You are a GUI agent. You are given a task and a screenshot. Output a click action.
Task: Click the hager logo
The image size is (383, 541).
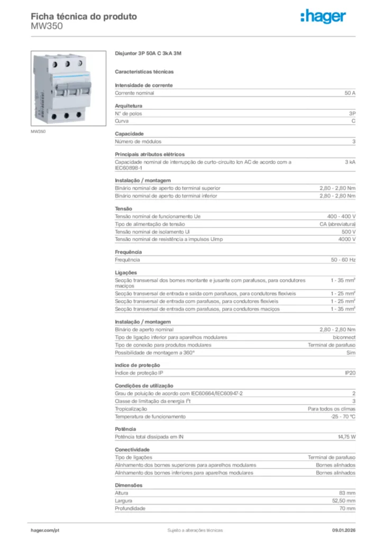point(323,17)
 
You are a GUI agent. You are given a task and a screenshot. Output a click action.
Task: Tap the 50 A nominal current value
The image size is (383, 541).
point(350,93)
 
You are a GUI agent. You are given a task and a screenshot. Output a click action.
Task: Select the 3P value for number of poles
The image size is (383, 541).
point(352,114)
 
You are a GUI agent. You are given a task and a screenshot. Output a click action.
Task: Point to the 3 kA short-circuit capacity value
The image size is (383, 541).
point(350,162)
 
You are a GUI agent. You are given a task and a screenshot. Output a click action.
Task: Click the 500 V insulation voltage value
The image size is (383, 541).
point(349,231)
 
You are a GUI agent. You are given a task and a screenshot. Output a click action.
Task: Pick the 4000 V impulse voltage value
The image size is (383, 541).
point(347,239)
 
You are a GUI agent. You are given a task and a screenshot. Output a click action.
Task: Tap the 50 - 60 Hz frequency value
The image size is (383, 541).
point(343,260)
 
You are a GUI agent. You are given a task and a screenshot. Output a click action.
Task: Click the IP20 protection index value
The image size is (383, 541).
point(350,373)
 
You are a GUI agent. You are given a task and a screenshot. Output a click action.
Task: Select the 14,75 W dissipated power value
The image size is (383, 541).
point(346,437)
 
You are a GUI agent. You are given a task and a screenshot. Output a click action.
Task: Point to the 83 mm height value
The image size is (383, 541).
point(347,492)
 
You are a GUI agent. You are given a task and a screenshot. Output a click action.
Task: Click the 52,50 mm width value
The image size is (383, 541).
point(344,500)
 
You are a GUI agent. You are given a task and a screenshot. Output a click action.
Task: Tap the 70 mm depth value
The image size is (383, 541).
point(347,508)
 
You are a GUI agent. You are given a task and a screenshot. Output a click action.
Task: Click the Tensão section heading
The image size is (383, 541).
point(124,209)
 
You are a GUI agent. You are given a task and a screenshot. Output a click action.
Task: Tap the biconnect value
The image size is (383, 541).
point(344,337)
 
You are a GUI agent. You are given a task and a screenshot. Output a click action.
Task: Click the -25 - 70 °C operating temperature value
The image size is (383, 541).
point(343,416)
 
